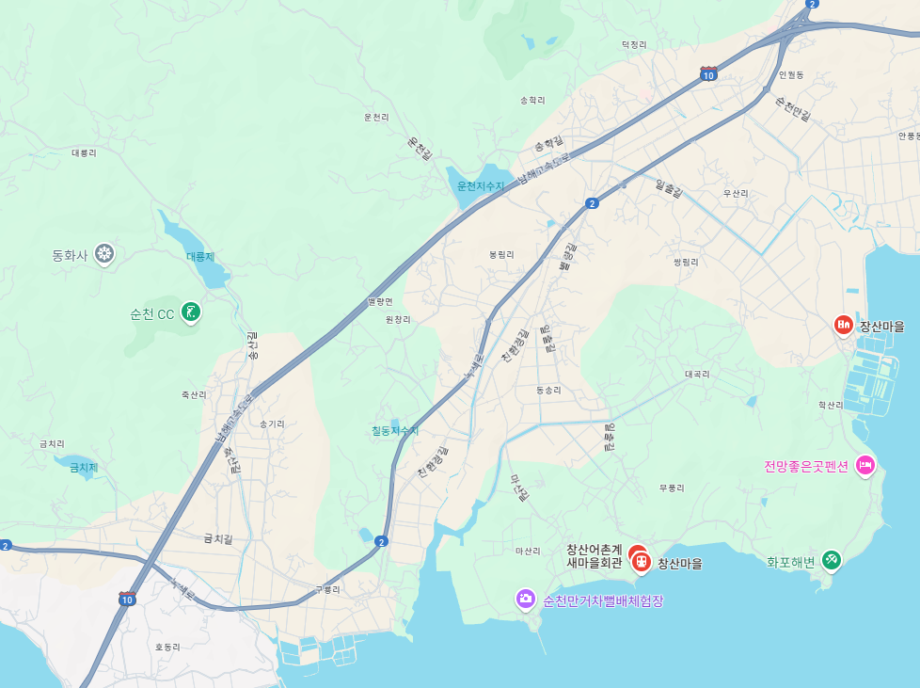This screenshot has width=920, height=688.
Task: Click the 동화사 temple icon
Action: point(104,253)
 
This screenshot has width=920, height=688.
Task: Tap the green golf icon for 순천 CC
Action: point(191,311)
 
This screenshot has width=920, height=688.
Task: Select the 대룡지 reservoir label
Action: point(200,256)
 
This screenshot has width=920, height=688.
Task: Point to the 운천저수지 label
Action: point(481,185)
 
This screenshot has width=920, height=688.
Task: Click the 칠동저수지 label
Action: point(395,430)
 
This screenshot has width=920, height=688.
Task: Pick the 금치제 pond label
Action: point(84,467)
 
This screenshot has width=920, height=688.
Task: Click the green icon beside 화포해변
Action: point(831,561)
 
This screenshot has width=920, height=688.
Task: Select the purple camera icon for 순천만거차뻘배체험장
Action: point(525,599)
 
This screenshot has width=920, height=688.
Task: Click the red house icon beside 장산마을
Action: point(844,326)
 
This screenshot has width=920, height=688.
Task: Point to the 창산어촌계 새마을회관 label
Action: point(594,556)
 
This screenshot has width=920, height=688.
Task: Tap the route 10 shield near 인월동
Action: point(708,74)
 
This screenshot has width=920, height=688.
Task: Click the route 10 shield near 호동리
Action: point(127,599)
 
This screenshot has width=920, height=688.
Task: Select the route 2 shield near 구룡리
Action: point(381,541)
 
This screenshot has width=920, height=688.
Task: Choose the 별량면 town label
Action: point(380,302)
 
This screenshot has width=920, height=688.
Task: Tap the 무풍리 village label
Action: point(672,488)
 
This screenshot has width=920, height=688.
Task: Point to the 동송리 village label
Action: point(547,390)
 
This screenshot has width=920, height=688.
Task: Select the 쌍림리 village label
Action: point(686,263)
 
